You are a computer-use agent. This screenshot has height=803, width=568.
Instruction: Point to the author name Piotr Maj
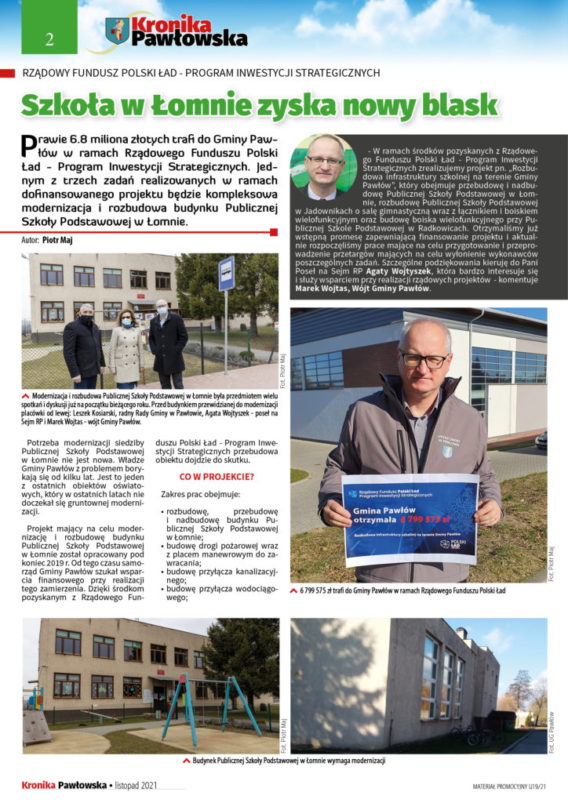click(x=56, y=240)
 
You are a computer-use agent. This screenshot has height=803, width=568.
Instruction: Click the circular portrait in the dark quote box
click(x=322, y=166)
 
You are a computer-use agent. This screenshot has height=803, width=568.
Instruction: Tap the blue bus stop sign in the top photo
click(x=226, y=274)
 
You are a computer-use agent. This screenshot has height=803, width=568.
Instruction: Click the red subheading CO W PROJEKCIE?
click(x=217, y=476)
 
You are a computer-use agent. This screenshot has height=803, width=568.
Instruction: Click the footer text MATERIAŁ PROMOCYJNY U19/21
click(x=511, y=785)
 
